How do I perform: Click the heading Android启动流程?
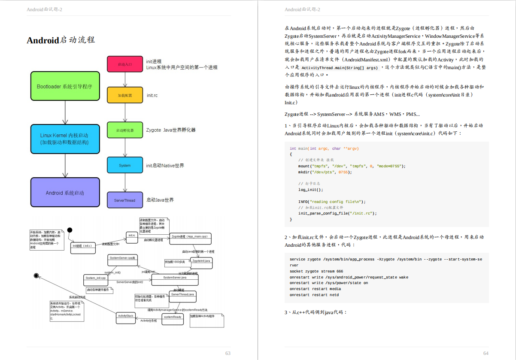61,40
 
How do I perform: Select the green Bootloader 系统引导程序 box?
65,87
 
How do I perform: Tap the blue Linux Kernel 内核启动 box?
65,139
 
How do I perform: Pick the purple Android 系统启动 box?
65,193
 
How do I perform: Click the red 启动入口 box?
124,64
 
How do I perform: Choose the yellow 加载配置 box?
124,95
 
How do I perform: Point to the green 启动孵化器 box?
124,130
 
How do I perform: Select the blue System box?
124,165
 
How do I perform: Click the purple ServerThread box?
124,200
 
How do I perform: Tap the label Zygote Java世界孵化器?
171,130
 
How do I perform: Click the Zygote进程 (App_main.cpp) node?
189,237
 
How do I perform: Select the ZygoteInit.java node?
201,261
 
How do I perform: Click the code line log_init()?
311,190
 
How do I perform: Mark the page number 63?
228,353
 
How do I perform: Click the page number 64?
486,353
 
